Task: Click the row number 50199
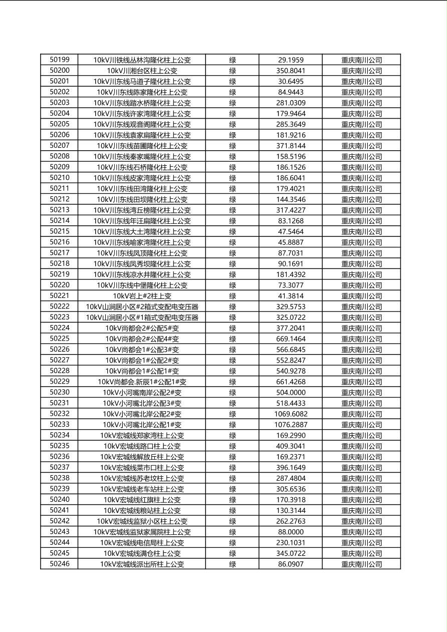tap(60, 60)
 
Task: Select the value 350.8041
tap(291, 71)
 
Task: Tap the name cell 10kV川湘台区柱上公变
tap(142, 71)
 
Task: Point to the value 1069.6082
tap(291, 414)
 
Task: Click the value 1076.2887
tap(291, 425)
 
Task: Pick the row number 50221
tap(60, 296)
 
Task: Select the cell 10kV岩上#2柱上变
tap(142, 296)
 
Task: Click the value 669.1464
tap(291, 339)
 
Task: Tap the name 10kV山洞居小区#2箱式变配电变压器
tap(142, 306)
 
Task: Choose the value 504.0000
tap(291, 393)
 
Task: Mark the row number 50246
tap(60, 564)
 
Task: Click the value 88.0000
tap(291, 532)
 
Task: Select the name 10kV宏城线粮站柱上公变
tap(142, 510)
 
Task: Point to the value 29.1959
tap(291, 60)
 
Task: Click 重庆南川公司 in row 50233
tap(361, 425)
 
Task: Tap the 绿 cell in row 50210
tap(233, 178)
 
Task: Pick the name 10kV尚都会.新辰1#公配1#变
tap(142, 382)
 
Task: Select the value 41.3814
tap(291, 296)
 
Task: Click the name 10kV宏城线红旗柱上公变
tap(142, 500)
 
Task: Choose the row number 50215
tap(60, 231)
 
